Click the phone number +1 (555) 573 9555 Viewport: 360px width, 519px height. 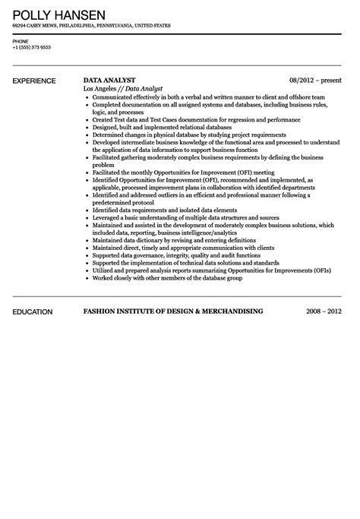[x=32, y=47]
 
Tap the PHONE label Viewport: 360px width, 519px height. [x=21, y=40]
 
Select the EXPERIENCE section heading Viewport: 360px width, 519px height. [x=35, y=80]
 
